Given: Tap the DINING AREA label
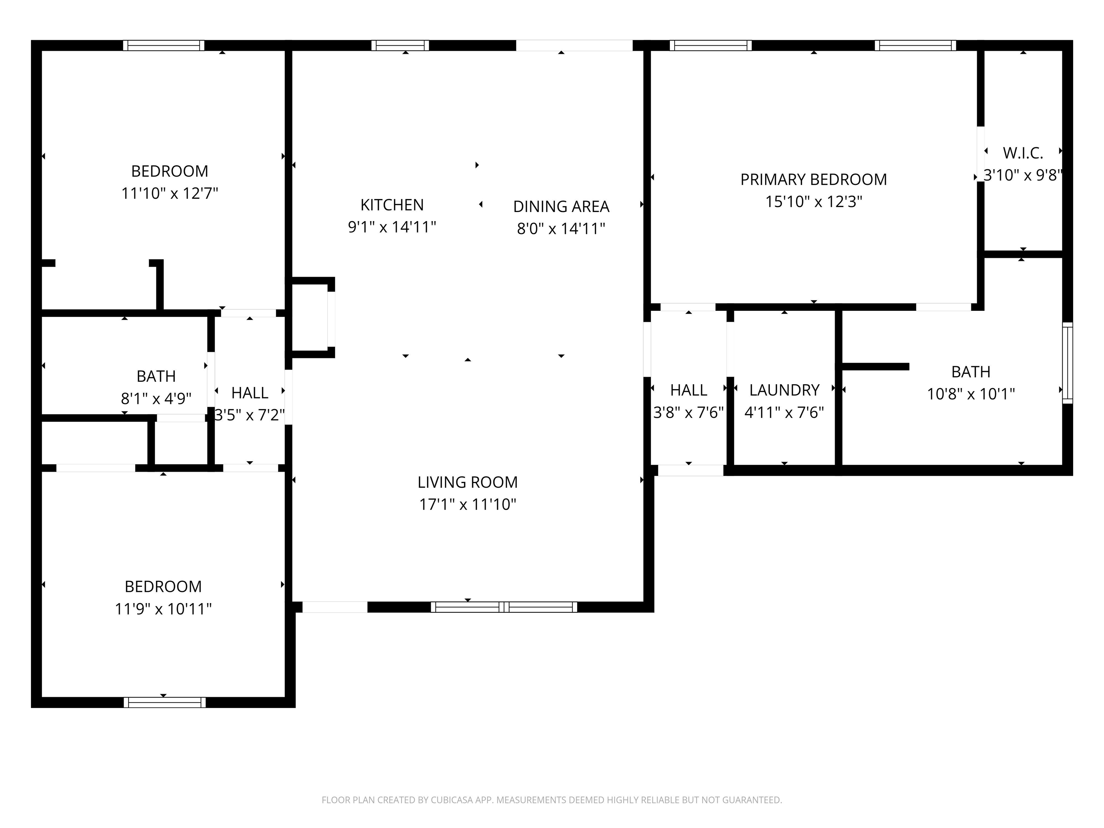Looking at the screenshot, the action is coord(561,206).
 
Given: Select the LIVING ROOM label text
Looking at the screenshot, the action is coord(468,482).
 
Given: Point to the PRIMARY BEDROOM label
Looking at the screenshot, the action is coord(814,179).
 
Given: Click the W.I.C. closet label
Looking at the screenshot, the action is coord(1023,153).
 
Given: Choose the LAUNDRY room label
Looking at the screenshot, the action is coord(784,390).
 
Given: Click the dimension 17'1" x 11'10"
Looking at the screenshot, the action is coord(468,505).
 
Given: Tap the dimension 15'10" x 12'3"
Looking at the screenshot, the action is coord(814,202).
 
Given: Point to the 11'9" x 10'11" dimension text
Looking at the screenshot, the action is coord(163,609).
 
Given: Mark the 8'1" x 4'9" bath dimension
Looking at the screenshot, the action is coord(156,398).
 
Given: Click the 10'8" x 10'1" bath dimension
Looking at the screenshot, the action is coord(971,394).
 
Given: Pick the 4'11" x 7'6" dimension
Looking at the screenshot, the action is coord(784,412).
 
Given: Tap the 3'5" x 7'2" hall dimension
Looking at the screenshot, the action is coord(249,415).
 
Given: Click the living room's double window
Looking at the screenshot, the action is coord(504,607).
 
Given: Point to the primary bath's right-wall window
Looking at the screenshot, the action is coord(1067,363).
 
